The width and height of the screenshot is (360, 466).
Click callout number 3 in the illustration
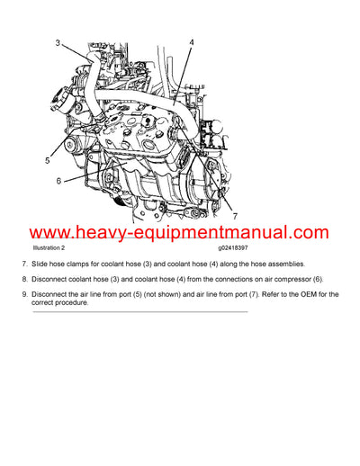[58, 43]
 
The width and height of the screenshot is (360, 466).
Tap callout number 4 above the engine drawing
[190, 42]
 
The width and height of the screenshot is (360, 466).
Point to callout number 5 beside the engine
[47, 161]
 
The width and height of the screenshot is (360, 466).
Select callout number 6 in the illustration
[59, 181]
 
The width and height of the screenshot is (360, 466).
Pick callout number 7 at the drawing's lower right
[235, 216]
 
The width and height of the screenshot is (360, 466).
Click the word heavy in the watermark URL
[100, 232]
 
